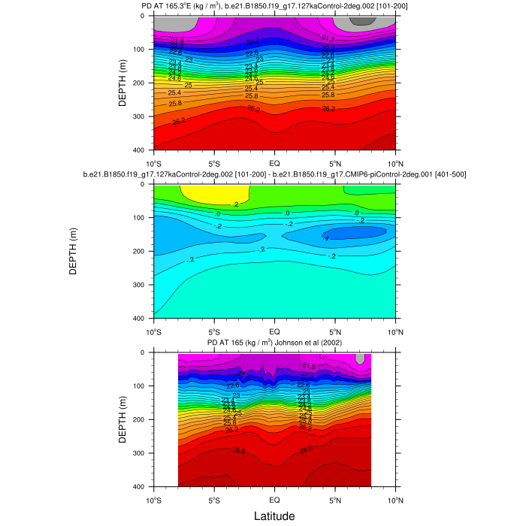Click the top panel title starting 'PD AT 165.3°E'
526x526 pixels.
[275, 7]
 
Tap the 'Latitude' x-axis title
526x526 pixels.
[274, 515]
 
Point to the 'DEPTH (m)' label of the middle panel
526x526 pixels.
[73, 251]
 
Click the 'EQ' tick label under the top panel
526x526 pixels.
[275, 162]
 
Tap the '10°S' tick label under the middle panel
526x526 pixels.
[154, 331]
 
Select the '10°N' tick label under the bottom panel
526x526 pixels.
[396, 499]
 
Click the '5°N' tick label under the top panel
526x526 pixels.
[335, 162]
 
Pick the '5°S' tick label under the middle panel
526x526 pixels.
[214, 331]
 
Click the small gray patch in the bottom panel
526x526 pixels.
[361, 358]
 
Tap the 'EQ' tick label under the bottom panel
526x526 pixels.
[275, 499]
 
